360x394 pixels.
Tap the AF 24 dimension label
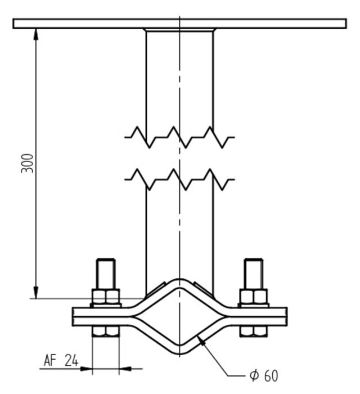point(61,360)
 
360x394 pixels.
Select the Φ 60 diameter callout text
point(264,375)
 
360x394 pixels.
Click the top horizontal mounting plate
point(179,23)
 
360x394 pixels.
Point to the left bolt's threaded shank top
point(106,263)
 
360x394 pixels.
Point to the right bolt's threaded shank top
point(253,263)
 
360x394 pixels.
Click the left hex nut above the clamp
point(106,297)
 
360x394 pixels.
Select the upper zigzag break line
point(179,137)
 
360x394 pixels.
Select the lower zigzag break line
point(179,178)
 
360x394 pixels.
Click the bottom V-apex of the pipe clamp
point(179,351)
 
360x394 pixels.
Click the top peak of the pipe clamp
point(179,280)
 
